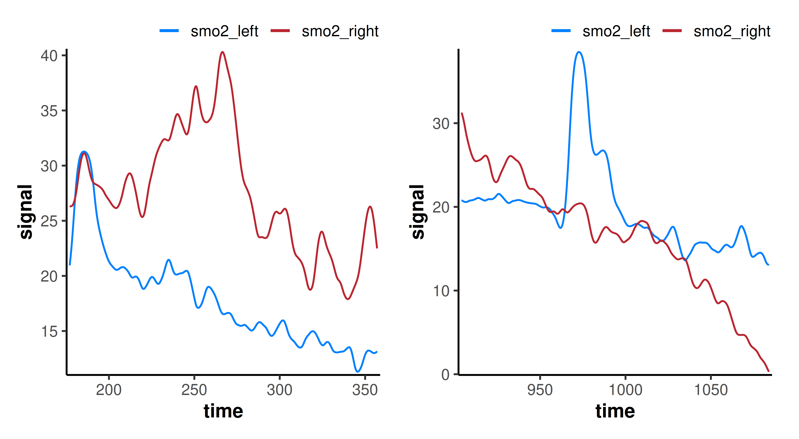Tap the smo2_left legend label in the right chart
click(x=616, y=31)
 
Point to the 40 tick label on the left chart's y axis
click(x=49, y=56)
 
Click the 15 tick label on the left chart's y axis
click(x=49, y=332)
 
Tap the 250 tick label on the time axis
click(x=194, y=390)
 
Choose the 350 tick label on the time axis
click(x=365, y=390)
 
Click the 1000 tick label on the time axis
click(x=625, y=390)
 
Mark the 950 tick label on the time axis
click(x=540, y=390)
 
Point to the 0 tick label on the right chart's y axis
click(x=445, y=375)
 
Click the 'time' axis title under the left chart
click(x=223, y=411)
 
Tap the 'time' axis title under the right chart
click(x=615, y=411)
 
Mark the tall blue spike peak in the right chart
click(x=579, y=52)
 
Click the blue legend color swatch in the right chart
click(x=561, y=31)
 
